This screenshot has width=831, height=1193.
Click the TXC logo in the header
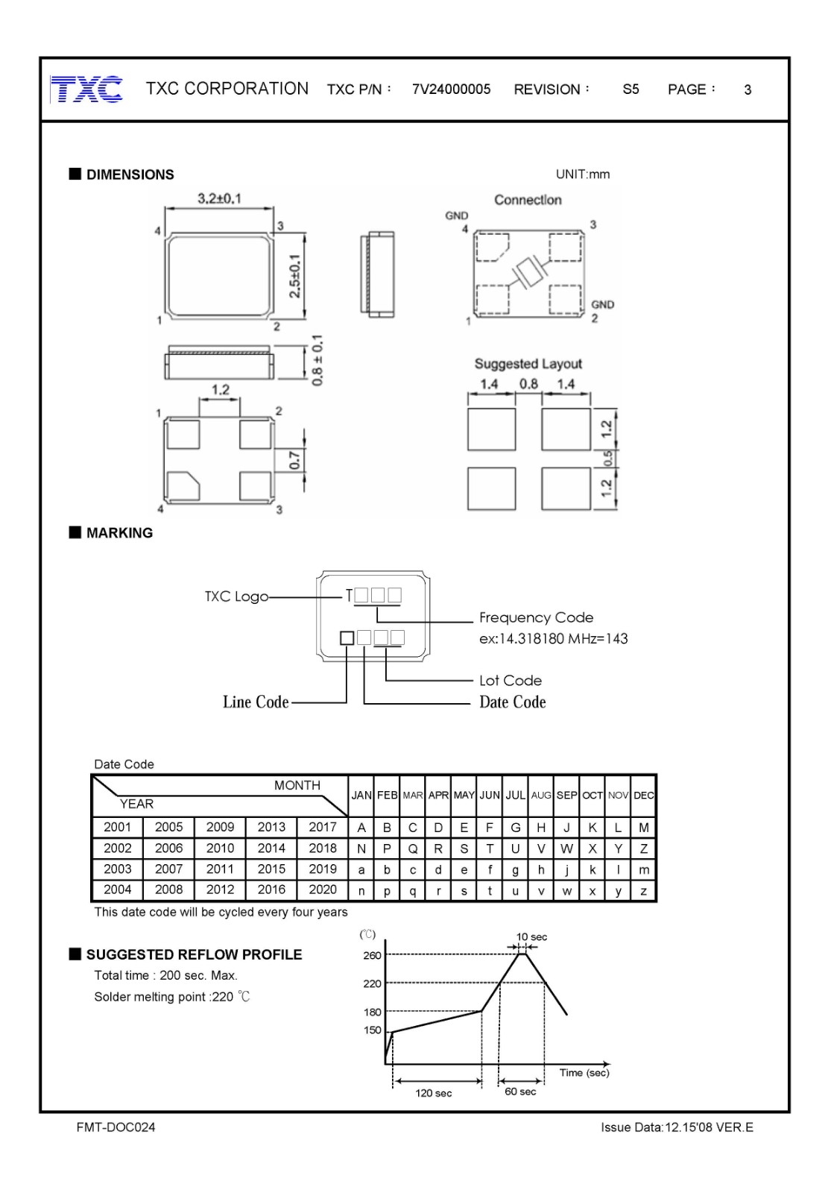tap(86, 89)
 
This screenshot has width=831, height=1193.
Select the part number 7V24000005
tap(451, 89)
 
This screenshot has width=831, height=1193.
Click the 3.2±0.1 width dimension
tap(219, 199)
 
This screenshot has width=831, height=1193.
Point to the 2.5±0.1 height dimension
tap(295, 276)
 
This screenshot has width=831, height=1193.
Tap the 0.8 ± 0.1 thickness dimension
tap(317, 361)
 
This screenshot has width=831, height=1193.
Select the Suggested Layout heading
tap(528, 364)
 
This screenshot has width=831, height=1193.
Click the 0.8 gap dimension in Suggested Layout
tap(528, 384)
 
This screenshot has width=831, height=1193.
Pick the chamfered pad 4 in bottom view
tap(183, 486)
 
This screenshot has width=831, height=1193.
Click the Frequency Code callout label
tap(536, 617)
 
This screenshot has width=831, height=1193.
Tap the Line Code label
tap(256, 702)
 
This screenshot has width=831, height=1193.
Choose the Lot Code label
tap(510, 680)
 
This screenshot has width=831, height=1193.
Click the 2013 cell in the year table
tap(271, 827)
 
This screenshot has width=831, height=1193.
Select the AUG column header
tap(541, 796)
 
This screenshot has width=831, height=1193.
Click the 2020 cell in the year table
tap(323, 890)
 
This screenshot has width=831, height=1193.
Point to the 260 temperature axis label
tap(372, 955)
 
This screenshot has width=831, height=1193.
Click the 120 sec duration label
tap(434, 1093)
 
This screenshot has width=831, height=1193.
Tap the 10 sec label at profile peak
tap(531, 937)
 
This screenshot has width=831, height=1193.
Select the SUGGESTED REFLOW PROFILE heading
tap(194, 954)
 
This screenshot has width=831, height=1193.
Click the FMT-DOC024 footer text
tap(116, 1127)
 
